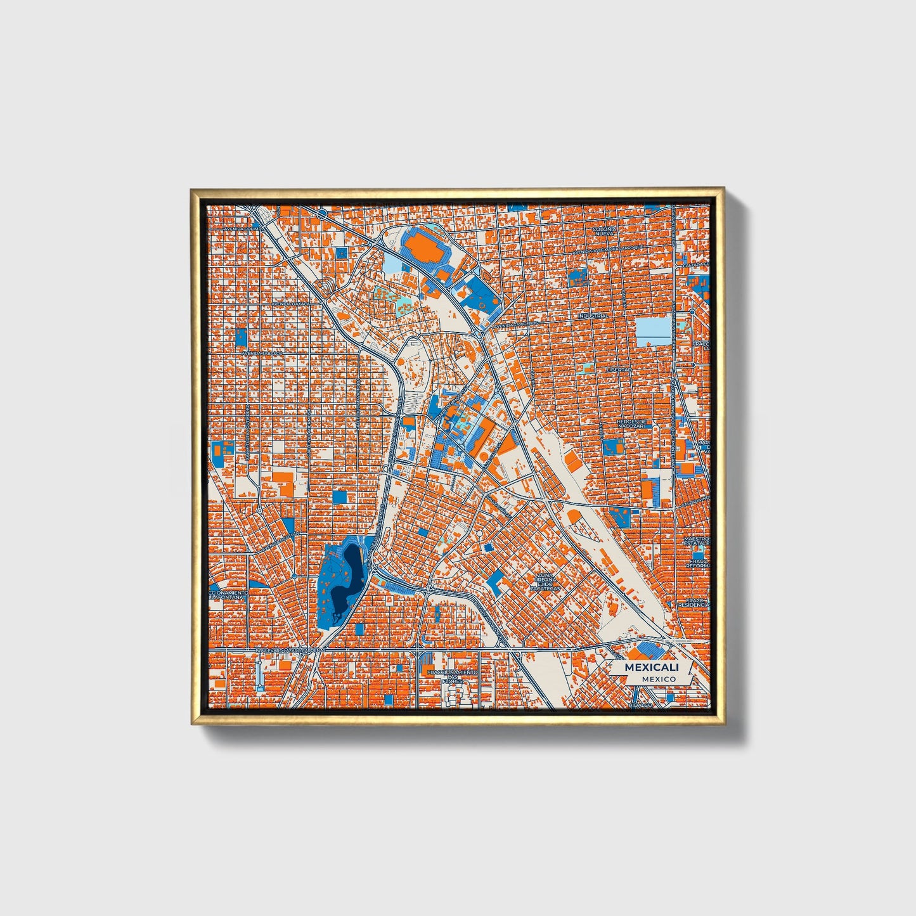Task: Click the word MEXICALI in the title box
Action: (651, 668)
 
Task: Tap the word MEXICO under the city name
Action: (658, 679)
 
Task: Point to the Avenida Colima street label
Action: (243, 228)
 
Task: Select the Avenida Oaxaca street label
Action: (291, 304)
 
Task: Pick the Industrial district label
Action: (593, 316)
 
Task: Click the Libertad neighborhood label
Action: (619, 369)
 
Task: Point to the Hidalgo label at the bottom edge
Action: (640, 705)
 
